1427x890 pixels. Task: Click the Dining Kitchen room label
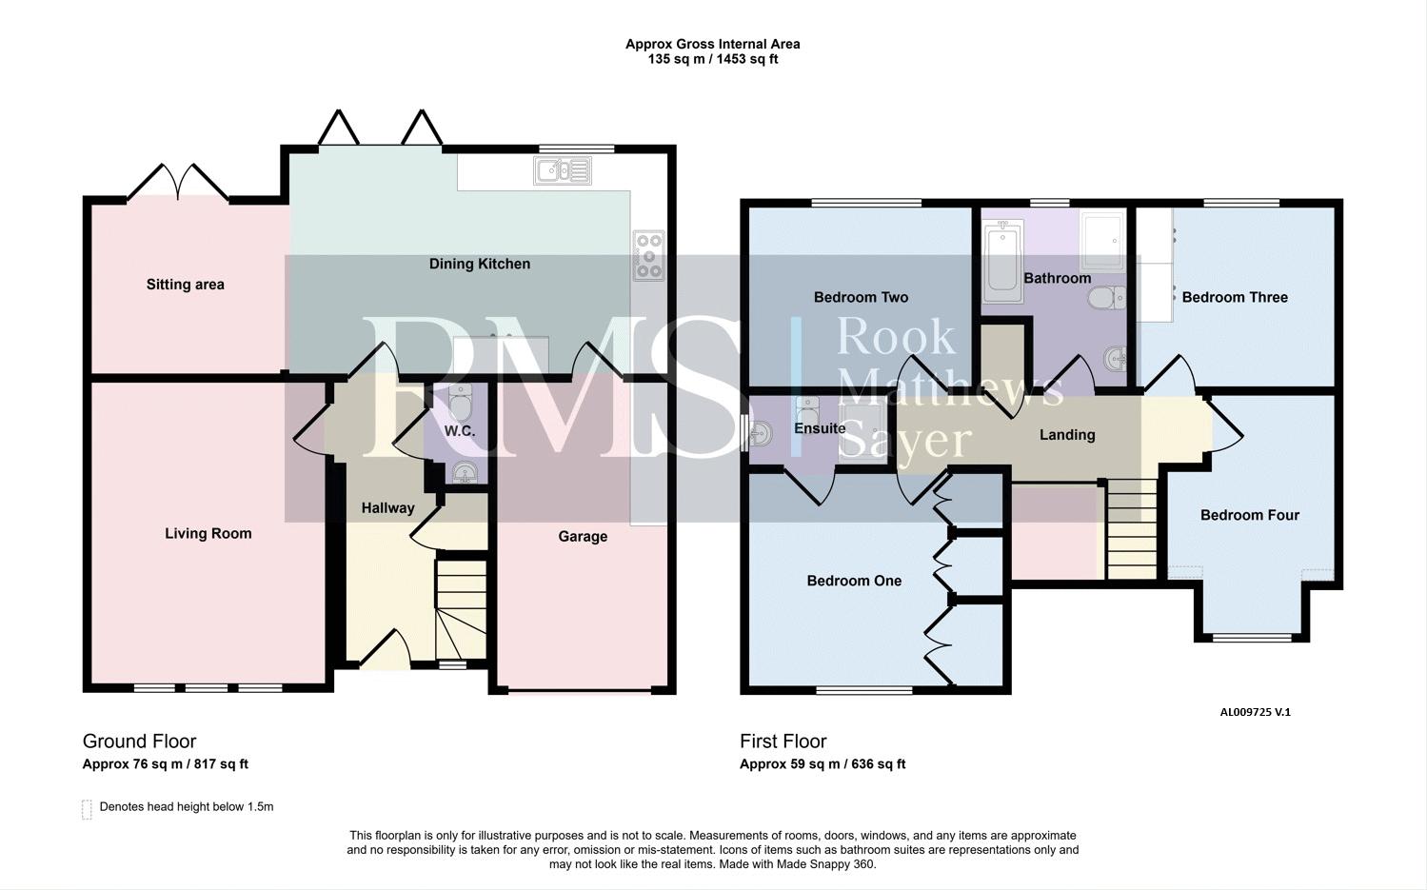(x=479, y=264)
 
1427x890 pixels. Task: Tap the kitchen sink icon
(x=563, y=170)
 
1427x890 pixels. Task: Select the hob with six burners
(x=648, y=256)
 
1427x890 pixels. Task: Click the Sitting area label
(x=186, y=285)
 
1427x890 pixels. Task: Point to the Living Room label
(x=208, y=533)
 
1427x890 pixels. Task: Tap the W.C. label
(x=459, y=431)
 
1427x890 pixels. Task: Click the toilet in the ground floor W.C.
(x=461, y=402)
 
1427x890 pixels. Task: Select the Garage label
(x=583, y=537)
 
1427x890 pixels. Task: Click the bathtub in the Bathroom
(x=1002, y=261)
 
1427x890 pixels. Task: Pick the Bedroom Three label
(x=1235, y=298)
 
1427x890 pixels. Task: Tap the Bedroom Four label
(x=1250, y=515)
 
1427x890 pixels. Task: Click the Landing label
(x=1067, y=435)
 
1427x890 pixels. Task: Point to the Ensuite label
(x=820, y=428)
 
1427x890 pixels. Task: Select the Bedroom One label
(x=854, y=581)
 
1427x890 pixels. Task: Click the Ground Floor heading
(x=140, y=741)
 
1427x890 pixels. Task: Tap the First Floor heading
(x=783, y=741)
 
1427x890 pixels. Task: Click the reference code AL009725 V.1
(x=1255, y=712)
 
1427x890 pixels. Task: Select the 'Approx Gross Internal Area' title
(x=712, y=45)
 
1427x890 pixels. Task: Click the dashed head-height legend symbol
(x=88, y=809)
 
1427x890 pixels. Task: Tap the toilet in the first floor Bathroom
(x=1107, y=298)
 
